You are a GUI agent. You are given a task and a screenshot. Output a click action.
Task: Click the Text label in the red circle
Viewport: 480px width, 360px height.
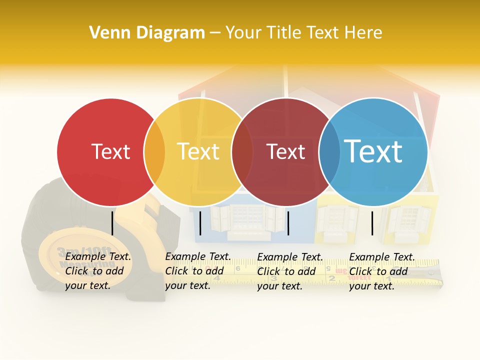110,151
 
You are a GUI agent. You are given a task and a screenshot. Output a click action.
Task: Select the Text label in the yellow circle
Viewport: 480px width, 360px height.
198,151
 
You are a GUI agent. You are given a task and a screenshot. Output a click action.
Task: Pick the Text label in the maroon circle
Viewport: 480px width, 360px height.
286,151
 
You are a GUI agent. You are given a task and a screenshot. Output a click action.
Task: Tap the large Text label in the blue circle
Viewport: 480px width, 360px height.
373,151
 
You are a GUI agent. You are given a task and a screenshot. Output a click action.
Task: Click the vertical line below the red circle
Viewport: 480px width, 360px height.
112,222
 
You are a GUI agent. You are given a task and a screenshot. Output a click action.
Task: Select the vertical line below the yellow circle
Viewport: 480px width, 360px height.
200,223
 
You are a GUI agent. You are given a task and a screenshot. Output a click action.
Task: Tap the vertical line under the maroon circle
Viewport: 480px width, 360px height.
288,223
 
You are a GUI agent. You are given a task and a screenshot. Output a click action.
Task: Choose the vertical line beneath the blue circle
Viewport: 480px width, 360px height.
372,223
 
